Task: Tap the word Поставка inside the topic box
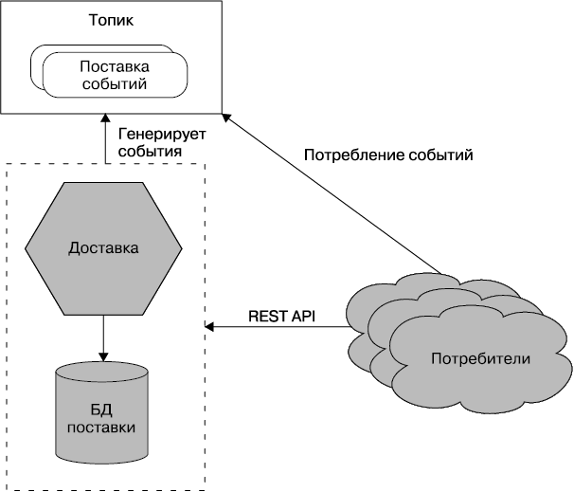(115, 65)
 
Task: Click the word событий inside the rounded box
(115, 84)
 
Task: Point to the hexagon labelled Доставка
(103, 248)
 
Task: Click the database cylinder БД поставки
(102, 417)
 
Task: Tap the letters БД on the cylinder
(102, 409)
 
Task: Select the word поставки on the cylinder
(102, 428)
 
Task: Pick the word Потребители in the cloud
(480, 359)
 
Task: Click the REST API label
(281, 315)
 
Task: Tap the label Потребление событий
(387, 155)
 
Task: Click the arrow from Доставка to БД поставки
(102, 337)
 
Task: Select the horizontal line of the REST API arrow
(279, 328)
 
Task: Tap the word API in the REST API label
(303, 315)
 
